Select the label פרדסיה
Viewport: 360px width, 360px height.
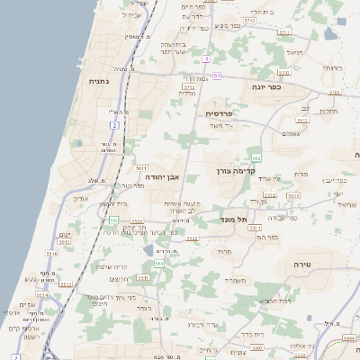click(219, 113)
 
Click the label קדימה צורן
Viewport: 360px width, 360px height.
click(236, 170)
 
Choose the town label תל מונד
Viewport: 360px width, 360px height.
click(233, 219)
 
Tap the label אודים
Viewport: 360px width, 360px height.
click(80, 197)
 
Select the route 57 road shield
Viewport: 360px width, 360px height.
click(217, 76)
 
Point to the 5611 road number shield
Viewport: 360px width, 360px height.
click(141, 167)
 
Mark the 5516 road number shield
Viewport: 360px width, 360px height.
click(52, 254)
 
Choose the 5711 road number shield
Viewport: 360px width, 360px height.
click(284, 32)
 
